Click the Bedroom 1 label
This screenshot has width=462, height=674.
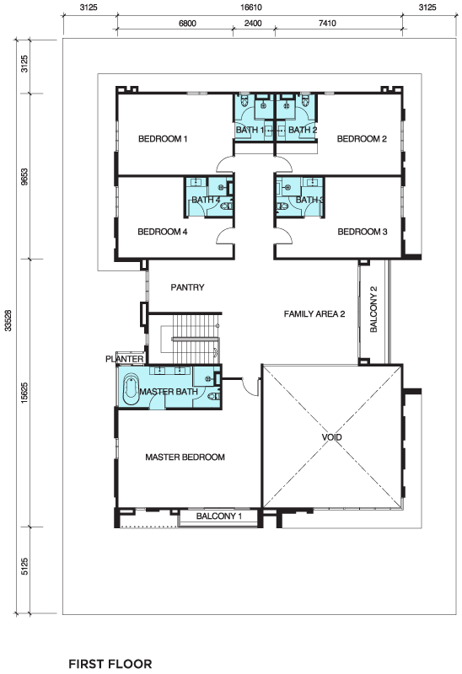pyautogui.click(x=163, y=139)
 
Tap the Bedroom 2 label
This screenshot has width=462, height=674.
pyautogui.click(x=362, y=139)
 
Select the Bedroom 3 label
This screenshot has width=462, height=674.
pyautogui.click(x=363, y=232)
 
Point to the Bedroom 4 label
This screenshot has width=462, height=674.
pyautogui.click(x=162, y=232)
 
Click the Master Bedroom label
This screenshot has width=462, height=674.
pyautogui.click(x=185, y=457)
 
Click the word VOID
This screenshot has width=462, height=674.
pyautogui.click(x=331, y=437)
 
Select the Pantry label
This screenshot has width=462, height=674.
pyautogui.click(x=187, y=287)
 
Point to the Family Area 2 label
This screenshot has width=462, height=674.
pyautogui.click(x=314, y=313)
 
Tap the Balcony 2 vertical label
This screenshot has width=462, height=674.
pyautogui.click(x=373, y=309)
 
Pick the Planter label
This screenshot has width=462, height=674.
pyautogui.click(x=124, y=359)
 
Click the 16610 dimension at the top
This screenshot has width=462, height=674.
pyautogui.click(x=250, y=8)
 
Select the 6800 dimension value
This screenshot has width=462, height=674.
pyautogui.click(x=187, y=24)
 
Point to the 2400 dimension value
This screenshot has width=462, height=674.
pyautogui.click(x=253, y=24)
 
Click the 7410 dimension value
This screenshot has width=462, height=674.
pyautogui.click(x=327, y=24)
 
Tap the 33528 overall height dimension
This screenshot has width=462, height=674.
pyautogui.click(x=8, y=321)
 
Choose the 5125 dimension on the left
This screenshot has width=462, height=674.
pyautogui.click(x=24, y=566)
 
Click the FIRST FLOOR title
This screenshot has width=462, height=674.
pyautogui.click(x=110, y=664)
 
